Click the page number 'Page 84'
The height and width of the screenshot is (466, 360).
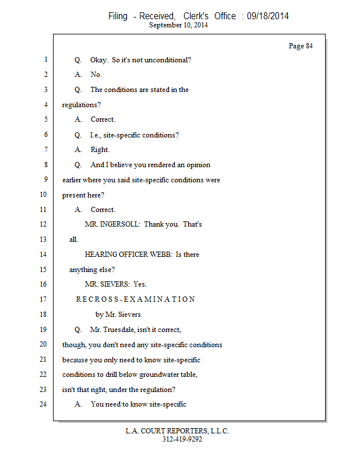(x=301, y=46)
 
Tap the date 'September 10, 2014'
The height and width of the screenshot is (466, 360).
(x=178, y=25)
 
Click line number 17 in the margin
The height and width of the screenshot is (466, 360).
(x=43, y=299)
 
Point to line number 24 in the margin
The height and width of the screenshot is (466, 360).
(x=43, y=404)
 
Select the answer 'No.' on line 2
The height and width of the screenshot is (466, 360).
(x=96, y=75)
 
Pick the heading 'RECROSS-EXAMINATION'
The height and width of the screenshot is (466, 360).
(x=136, y=299)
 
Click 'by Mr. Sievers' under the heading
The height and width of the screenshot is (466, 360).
(x=118, y=315)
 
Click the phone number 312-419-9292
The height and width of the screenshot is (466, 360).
(x=182, y=439)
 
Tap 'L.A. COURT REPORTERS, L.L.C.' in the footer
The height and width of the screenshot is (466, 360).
(x=177, y=431)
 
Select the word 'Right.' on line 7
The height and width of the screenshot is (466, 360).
(x=100, y=150)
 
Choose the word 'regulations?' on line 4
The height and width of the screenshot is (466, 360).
(x=82, y=105)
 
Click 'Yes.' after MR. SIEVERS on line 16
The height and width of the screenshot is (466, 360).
(x=140, y=284)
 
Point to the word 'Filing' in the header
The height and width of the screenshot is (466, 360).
(x=118, y=16)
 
